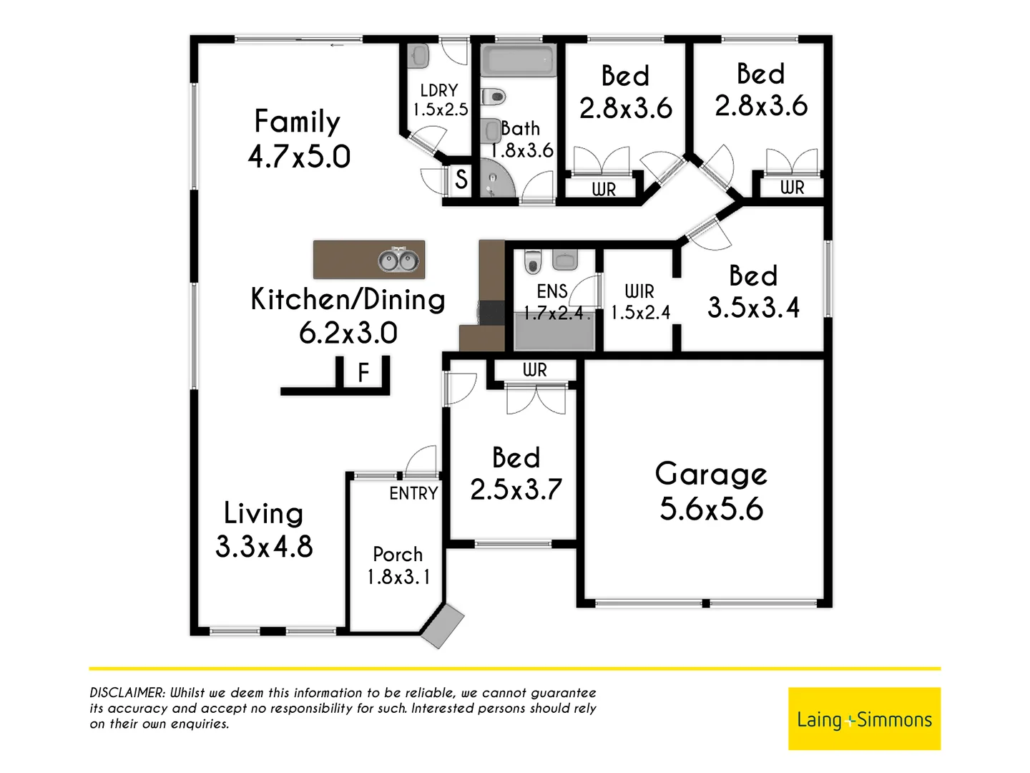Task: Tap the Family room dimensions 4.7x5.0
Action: [299, 157]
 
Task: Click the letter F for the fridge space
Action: [363, 373]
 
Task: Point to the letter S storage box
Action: [461, 179]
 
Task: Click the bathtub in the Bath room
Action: [519, 62]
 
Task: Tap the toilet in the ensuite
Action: [533, 262]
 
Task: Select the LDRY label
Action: [438, 91]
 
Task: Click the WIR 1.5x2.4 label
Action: [640, 302]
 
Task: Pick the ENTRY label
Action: [413, 493]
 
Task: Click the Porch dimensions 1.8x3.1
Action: [398, 577]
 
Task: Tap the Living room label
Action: [263, 513]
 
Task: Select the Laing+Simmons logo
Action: [864, 719]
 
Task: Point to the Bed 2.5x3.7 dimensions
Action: [516, 490]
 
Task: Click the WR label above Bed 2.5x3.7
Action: [534, 370]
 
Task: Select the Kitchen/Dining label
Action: [348, 299]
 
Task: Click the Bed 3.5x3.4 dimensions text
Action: [753, 308]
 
